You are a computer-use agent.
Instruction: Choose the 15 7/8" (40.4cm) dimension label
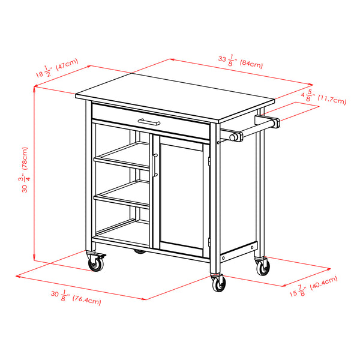coord(313,286)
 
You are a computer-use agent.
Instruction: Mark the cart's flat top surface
coord(174,90)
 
